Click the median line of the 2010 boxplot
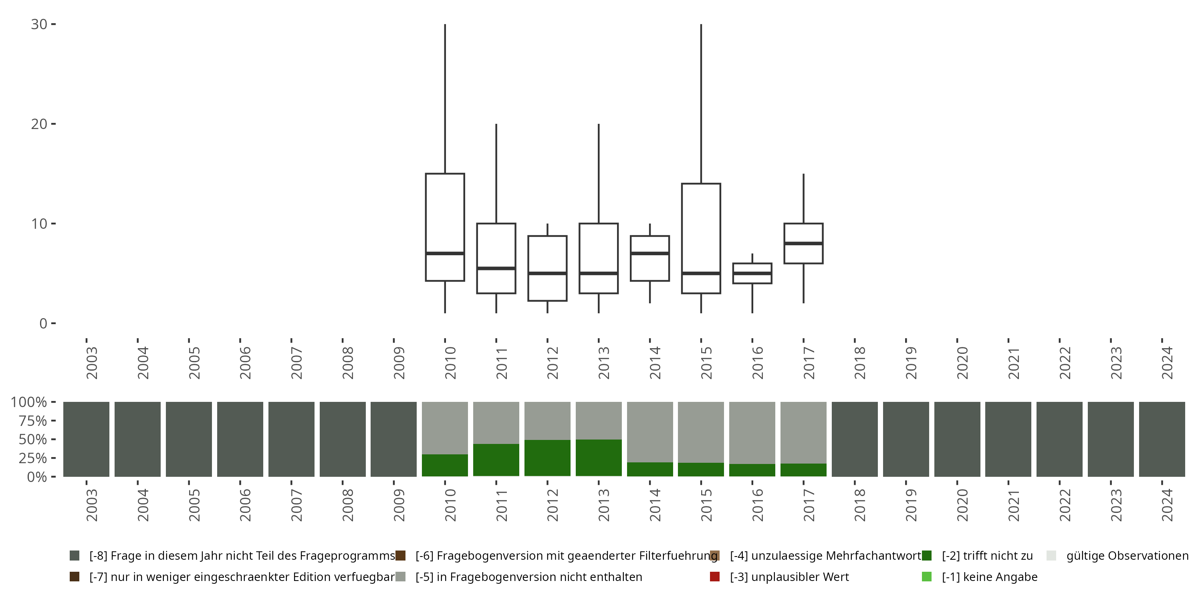coord(445,253)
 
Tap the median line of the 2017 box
coord(803,244)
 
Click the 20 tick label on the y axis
coord(39,124)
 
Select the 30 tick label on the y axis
coord(39,24)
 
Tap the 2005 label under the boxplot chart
coord(194,363)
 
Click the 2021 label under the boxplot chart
coord(1014,363)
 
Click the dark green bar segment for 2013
coord(599,458)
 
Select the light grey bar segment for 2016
coord(752,433)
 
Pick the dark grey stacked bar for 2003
coord(86,439)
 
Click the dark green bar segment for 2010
coord(445,465)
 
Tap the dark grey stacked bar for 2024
coord(1162,439)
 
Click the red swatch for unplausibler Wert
coord(714,577)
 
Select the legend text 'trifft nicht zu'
coord(987,556)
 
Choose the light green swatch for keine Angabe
coord(927,577)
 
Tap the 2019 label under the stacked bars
coord(911,505)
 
